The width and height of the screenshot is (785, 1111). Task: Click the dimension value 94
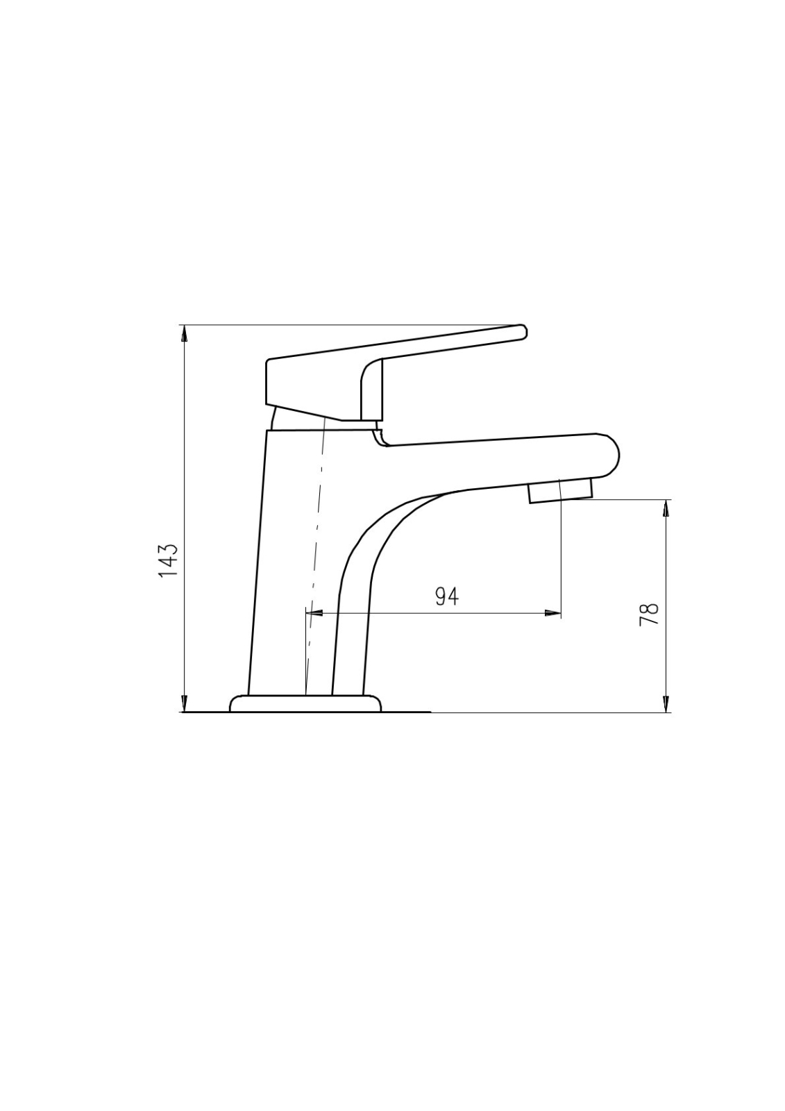click(x=447, y=596)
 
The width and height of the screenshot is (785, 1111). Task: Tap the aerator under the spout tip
click(x=560, y=491)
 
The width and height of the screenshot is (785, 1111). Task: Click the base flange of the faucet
click(x=306, y=704)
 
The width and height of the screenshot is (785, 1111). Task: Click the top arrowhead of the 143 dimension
click(x=185, y=333)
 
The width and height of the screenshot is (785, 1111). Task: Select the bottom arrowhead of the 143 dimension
click(x=185, y=704)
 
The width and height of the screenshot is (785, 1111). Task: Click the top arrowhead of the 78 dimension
click(x=666, y=508)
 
